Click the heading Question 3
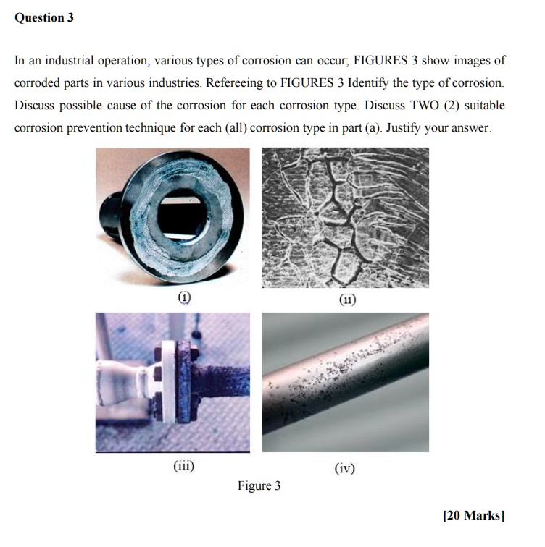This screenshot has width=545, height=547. pos(44,18)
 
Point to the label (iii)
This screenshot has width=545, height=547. pos(182,467)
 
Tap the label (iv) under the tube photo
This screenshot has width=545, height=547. pos(345,468)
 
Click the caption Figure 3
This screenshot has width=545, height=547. pos(259,486)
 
